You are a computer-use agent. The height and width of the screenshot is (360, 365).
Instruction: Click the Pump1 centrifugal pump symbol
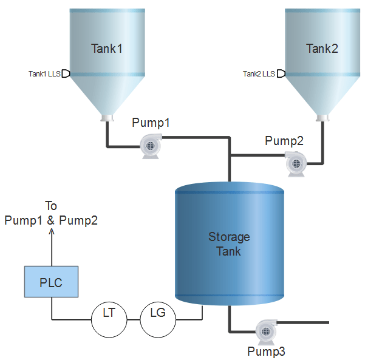click(x=151, y=146)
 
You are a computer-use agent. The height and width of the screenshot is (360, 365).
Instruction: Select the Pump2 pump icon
click(x=296, y=164)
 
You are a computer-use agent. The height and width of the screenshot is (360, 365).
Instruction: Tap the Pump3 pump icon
click(x=266, y=332)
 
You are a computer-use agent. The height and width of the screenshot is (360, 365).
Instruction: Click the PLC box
click(x=51, y=282)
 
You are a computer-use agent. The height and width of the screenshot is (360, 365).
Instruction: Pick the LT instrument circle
click(x=109, y=319)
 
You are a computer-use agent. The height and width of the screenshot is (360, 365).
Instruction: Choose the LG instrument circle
click(x=158, y=319)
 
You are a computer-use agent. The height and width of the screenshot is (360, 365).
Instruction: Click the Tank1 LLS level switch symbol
click(x=66, y=73)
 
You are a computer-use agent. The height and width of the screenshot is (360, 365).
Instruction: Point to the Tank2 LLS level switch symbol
click(x=281, y=73)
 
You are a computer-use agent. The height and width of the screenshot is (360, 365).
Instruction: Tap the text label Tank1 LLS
click(x=44, y=74)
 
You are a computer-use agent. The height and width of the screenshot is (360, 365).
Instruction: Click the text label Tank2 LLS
click(x=259, y=74)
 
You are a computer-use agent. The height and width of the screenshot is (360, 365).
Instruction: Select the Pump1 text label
click(x=151, y=123)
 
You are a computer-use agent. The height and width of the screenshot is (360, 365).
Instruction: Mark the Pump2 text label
click(x=284, y=141)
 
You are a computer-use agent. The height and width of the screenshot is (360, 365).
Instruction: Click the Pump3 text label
click(x=266, y=351)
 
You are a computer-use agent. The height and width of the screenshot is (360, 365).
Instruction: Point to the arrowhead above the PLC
click(x=52, y=231)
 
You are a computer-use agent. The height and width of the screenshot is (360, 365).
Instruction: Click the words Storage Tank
click(x=229, y=244)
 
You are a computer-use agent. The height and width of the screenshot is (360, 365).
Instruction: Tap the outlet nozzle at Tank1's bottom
click(x=107, y=118)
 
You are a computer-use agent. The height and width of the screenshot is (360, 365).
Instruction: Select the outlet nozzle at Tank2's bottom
click(x=322, y=118)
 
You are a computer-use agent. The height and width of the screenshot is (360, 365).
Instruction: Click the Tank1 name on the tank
click(x=107, y=49)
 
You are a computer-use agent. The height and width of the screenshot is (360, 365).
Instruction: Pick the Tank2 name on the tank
click(x=322, y=49)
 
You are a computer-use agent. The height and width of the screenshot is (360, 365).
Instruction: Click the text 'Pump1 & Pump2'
click(x=51, y=220)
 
